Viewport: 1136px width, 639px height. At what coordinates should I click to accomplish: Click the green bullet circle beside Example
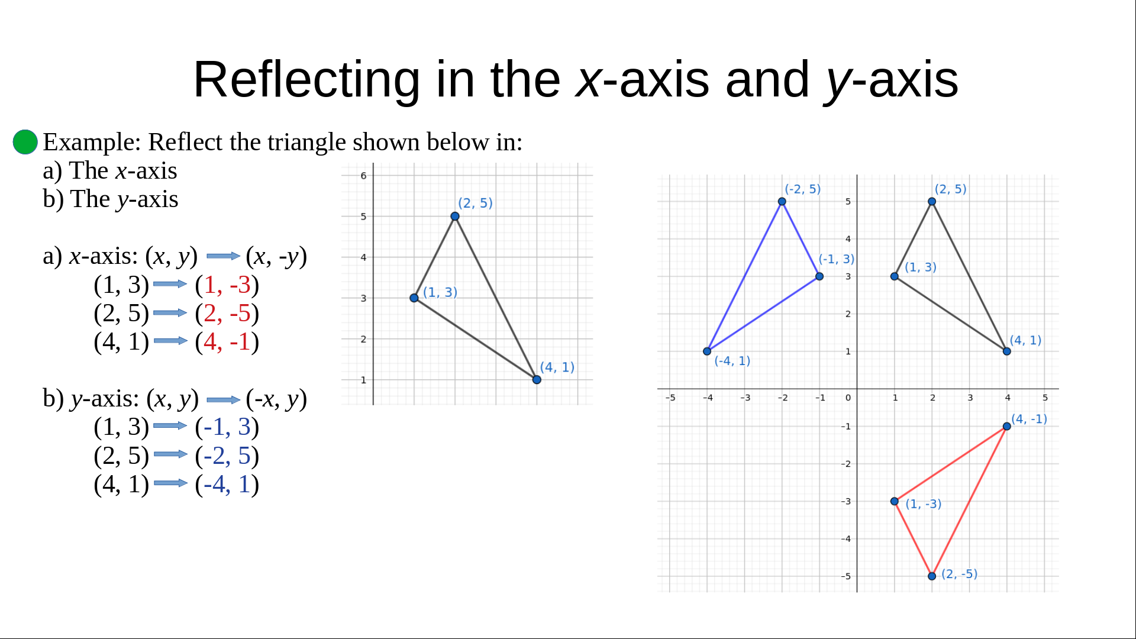pyautogui.click(x=25, y=142)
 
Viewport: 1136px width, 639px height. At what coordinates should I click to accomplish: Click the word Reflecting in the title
pyautogui.click(x=306, y=80)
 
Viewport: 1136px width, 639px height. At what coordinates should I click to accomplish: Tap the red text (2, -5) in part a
pyautogui.click(x=227, y=314)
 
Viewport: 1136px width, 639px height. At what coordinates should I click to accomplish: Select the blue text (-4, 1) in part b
pyautogui.click(x=227, y=485)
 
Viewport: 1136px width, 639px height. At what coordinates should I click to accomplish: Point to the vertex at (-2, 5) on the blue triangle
pyautogui.click(x=782, y=202)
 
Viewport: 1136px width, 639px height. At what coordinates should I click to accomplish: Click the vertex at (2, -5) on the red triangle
pyautogui.click(x=932, y=576)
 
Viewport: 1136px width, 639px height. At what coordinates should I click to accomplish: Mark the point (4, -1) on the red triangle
pyautogui.click(x=1007, y=426)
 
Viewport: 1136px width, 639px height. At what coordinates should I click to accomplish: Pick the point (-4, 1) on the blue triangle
pyautogui.click(x=707, y=351)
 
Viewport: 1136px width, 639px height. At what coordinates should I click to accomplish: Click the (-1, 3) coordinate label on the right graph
pyautogui.click(x=837, y=259)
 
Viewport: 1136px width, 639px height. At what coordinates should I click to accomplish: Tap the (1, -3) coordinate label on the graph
pyautogui.click(x=923, y=504)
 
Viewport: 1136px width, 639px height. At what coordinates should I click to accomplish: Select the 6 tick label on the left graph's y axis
pyautogui.click(x=363, y=176)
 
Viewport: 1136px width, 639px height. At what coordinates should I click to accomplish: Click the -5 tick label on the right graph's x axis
pyautogui.click(x=670, y=398)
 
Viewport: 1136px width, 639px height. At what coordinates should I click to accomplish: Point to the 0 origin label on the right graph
pyautogui.click(x=848, y=398)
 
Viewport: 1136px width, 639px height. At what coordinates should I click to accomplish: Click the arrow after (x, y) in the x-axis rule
pyautogui.click(x=223, y=256)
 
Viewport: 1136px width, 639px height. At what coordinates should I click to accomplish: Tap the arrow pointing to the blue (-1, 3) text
pyautogui.click(x=170, y=426)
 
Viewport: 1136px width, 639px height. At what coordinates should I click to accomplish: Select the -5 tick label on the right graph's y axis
pyautogui.click(x=846, y=576)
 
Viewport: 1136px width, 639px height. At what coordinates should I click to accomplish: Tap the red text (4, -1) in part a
pyautogui.click(x=227, y=342)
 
